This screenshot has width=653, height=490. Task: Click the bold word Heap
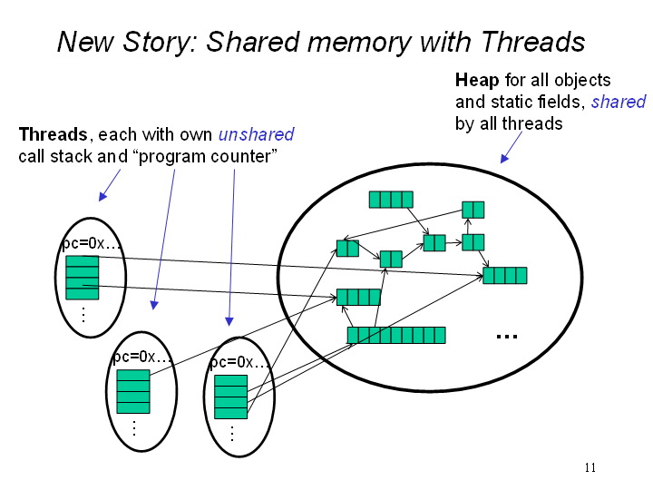477,80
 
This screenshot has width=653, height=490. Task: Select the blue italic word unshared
256,134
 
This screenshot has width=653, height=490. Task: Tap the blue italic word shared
619,102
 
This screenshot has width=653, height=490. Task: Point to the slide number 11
590,467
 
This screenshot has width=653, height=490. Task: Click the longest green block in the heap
396,336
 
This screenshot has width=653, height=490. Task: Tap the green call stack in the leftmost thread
82,278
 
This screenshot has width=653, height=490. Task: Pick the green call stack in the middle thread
133,392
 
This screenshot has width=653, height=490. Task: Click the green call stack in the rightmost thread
230,397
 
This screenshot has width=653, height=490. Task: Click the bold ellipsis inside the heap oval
506,337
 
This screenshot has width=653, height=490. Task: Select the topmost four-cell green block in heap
391,200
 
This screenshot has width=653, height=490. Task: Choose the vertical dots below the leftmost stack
83,315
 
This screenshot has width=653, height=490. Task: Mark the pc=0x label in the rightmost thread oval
238,362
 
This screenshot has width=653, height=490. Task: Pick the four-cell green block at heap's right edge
504,275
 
